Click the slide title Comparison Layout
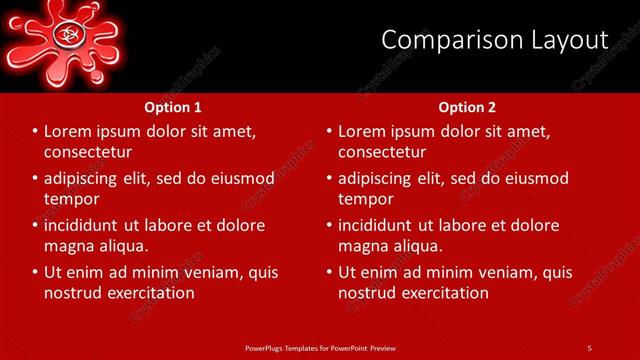[x=495, y=40]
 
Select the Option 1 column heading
[x=173, y=107]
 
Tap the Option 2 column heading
[x=467, y=107]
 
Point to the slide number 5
[x=589, y=348]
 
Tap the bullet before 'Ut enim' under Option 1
[x=35, y=272]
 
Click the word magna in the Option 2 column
[x=363, y=246]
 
